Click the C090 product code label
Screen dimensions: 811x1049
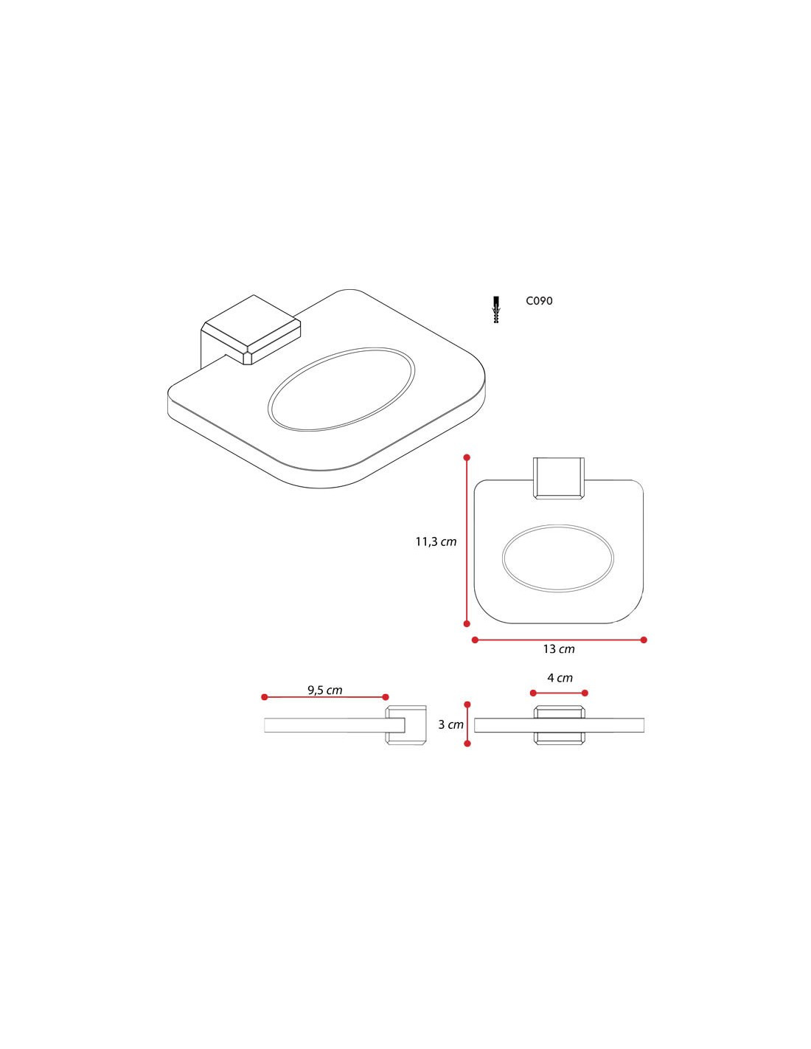pyautogui.click(x=539, y=301)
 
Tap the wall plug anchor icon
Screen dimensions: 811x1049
pyautogui.click(x=496, y=309)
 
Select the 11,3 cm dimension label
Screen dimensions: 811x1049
pyautogui.click(x=436, y=541)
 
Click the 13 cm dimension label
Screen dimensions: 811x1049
pyautogui.click(x=559, y=649)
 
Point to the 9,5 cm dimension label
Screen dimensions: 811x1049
pyautogui.click(x=324, y=690)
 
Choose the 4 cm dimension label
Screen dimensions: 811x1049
pyautogui.click(x=560, y=678)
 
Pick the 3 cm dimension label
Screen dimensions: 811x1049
pyautogui.click(x=450, y=724)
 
